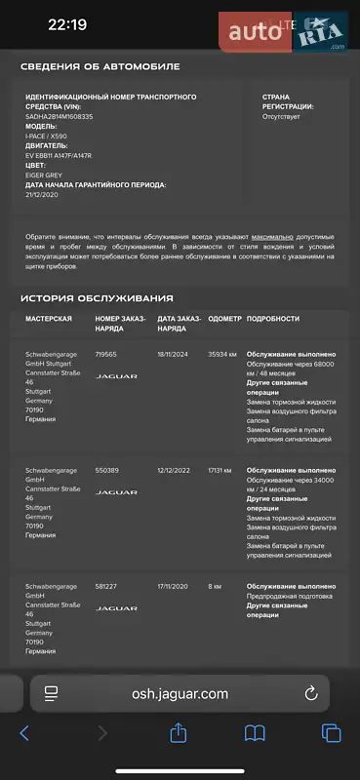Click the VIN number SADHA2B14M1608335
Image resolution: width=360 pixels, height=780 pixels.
pos(60,116)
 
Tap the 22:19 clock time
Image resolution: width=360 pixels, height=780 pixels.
pos(66,24)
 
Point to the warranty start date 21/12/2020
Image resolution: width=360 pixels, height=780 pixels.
pos(44,193)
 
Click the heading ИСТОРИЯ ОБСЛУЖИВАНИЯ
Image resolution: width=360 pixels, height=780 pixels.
pos(97,297)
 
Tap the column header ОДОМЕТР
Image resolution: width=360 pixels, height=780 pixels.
pos(224,319)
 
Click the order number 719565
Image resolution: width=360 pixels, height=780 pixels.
pos(105,354)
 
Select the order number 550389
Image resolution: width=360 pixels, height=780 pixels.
pos(106,470)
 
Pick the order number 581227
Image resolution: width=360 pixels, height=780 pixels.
pos(105,586)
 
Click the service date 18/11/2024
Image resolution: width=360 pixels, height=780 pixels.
pos(176,354)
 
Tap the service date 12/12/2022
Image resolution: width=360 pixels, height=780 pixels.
pos(176,470)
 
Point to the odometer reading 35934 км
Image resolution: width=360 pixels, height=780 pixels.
pos(222,354)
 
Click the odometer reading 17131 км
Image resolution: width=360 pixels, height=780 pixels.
pos(221,470)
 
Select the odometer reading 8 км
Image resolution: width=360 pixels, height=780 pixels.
pos(215,586)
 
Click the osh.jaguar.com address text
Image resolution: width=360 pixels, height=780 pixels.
pos(180,693)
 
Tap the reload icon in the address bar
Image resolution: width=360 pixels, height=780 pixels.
pos(311,693)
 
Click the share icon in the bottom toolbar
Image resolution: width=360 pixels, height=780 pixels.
pos(179,733)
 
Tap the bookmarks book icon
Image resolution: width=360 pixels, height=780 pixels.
pos(255,733)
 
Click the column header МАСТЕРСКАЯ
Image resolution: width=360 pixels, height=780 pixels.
pos(48,319)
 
